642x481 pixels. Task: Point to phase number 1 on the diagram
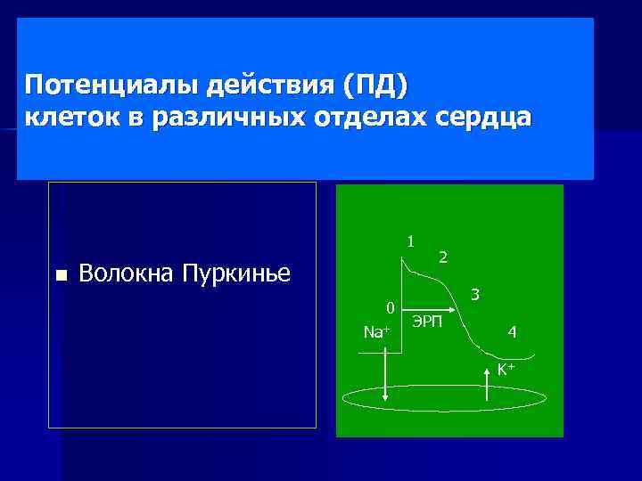[x=410, y=240]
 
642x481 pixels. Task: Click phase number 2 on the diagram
[x=443, y=257]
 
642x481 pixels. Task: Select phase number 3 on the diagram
[x=475, y=294]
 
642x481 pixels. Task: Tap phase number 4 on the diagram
[x=512, y=332]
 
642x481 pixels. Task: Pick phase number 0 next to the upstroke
[x=390, y=308]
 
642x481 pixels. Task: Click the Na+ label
[x=377, y=332]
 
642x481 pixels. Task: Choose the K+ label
[x=506, y=369]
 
